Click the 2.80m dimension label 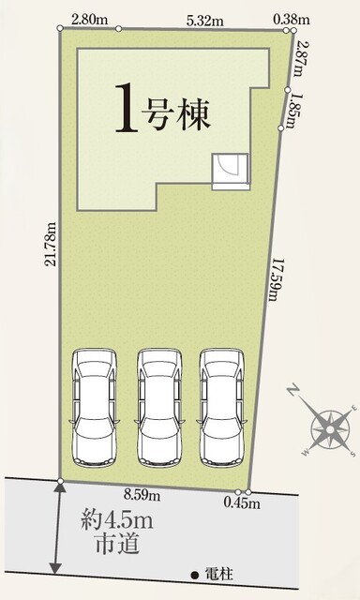(x=89, y=21)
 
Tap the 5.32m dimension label (x=205, y=21)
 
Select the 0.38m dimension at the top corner (x=292, y=19)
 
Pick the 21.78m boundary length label (x=52, y=244)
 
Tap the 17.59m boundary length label (x=275, y=279)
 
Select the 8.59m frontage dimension (x=142, y=496)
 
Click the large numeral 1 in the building (x=127, y=109)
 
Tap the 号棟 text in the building (x=176, y=113)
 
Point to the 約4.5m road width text (x=117, y=521)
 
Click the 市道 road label (x=116, y=546)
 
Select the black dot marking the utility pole (x=195, y=575)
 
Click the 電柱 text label (x=218, y=574)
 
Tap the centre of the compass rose (x=330, y=429)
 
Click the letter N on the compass (x=292, y=391)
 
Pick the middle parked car (x=158, y=408)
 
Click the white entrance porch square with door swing (x=231, y=172)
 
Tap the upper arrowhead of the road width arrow (x=60, y=487)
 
